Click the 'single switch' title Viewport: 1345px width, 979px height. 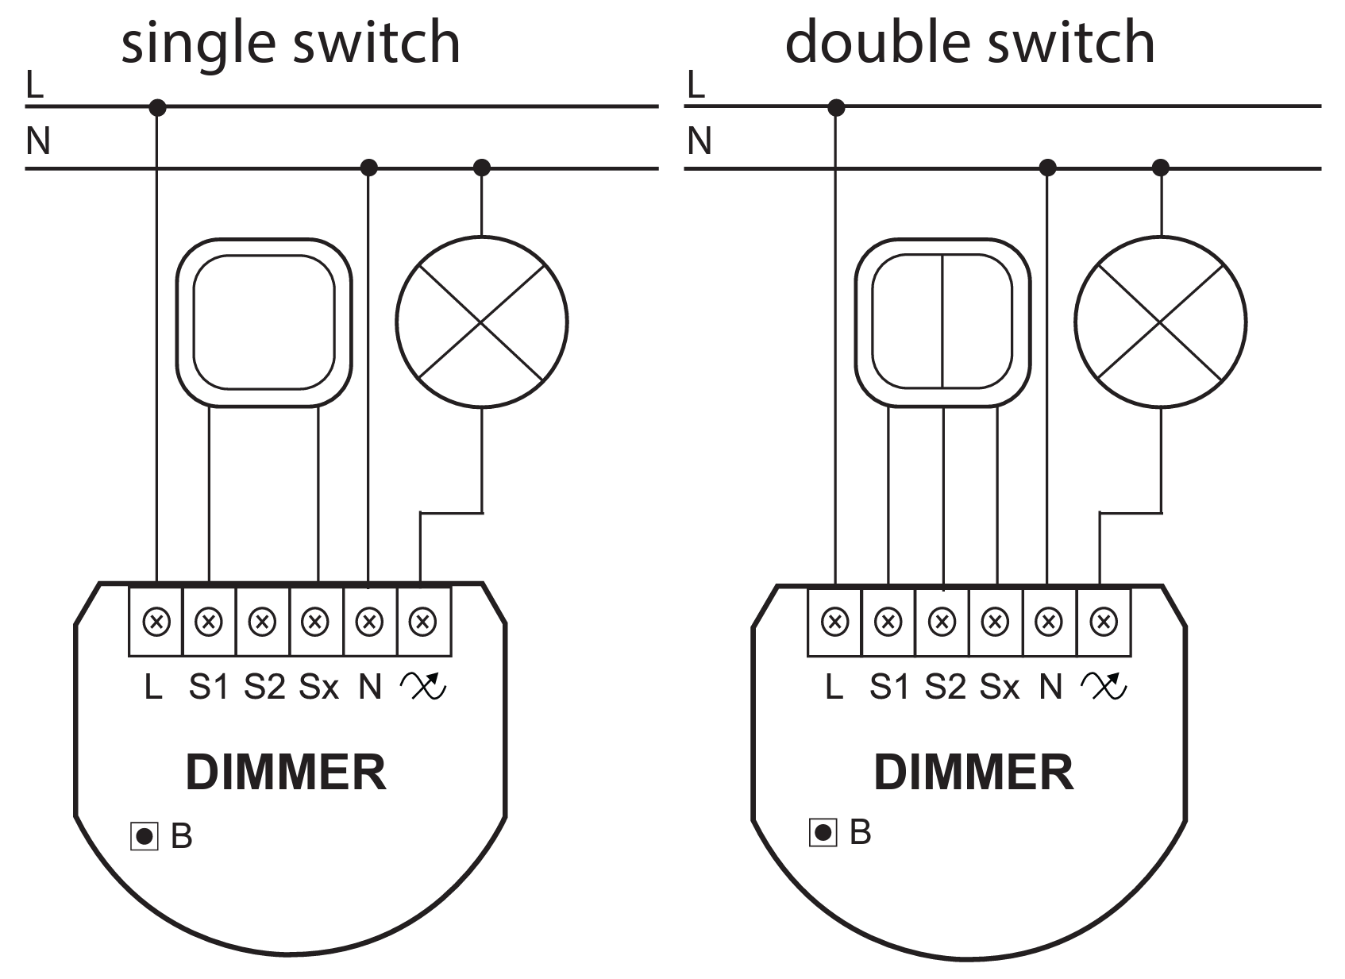291,43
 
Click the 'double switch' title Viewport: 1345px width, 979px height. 969,43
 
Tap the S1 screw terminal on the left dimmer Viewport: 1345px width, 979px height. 209,621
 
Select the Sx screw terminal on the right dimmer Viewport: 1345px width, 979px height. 996,621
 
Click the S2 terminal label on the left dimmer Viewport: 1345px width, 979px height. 264,687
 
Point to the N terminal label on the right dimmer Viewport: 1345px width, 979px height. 1050,687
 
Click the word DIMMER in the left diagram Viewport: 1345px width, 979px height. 286,773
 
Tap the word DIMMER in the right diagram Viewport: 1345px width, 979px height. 973,773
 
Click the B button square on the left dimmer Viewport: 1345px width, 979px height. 145,836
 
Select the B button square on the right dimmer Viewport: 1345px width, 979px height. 823,832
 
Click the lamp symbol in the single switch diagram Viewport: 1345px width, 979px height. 481,322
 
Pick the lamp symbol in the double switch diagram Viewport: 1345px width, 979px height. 1161,322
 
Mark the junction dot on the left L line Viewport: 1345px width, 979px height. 158,106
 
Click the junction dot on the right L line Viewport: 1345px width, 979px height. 836,106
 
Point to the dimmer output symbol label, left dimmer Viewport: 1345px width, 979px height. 424,686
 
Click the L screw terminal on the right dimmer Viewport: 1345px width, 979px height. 834,621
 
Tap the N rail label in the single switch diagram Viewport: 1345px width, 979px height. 37,142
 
